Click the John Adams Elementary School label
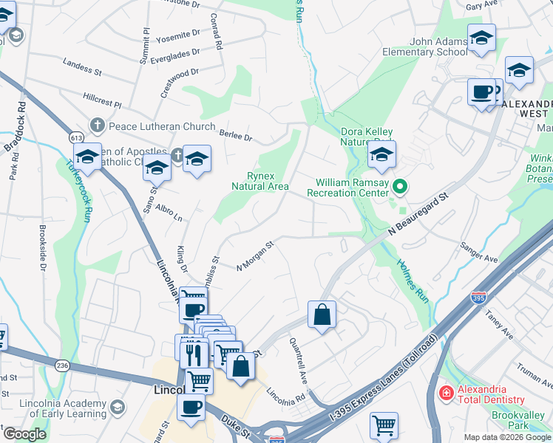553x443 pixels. (424, 47)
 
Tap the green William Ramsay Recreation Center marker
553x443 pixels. (400, 187)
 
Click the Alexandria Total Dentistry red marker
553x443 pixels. (446, 392)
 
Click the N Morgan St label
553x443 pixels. (256, 256)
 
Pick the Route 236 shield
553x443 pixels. (62, 365)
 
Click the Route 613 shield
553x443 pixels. (76, 137)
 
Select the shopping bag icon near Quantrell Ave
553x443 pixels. (322, 315)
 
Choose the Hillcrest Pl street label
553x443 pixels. (102, 98)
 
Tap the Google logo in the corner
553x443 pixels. (24, 434)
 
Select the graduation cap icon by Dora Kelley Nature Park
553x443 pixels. (381, 154)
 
